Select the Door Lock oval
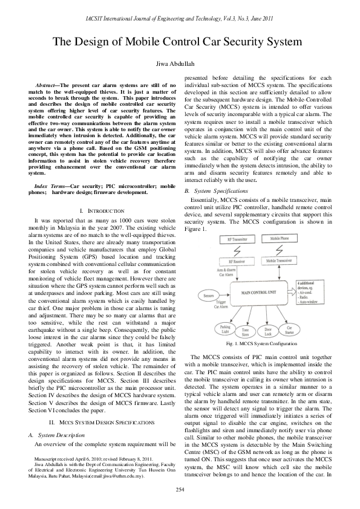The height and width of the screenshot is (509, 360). (x=268, y=331)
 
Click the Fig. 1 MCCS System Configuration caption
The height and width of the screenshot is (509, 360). (x=257, y=343)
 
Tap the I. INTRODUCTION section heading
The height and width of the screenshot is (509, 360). (x=97, y=210)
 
